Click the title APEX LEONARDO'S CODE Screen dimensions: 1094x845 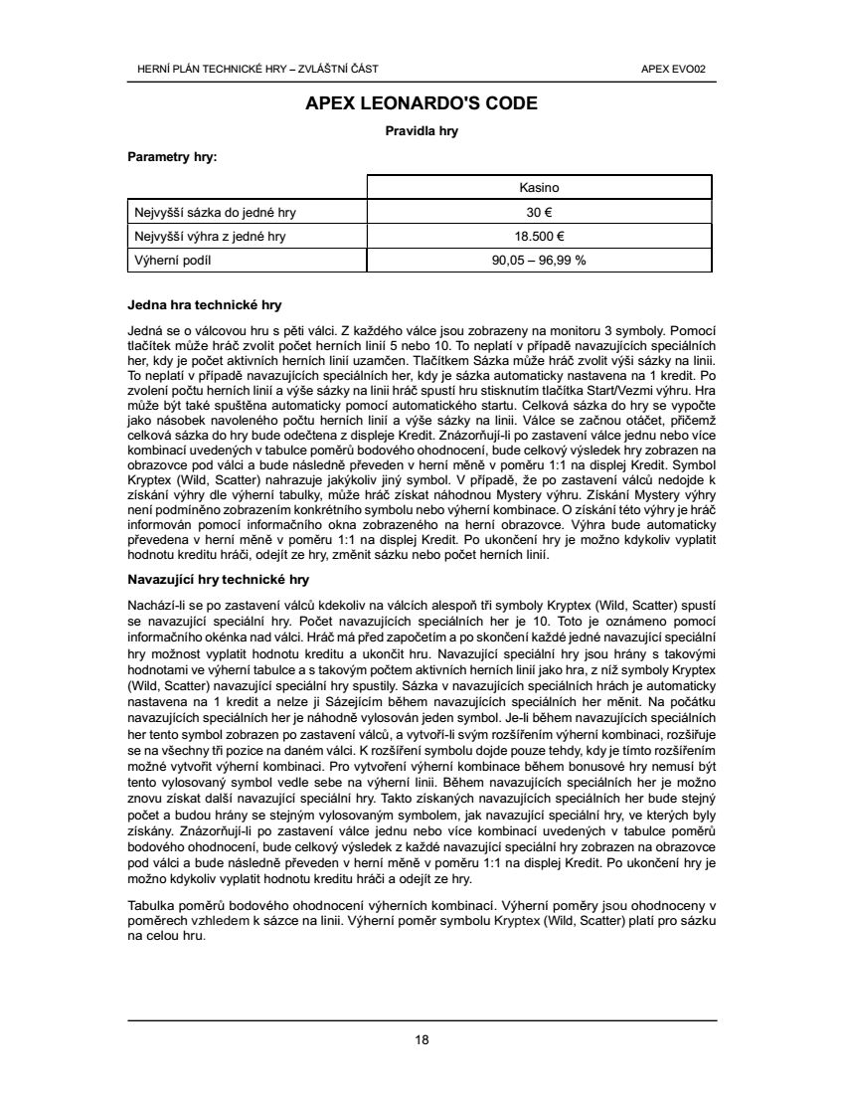[x=422, y=103]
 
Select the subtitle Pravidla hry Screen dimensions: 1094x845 [x=422, y=130]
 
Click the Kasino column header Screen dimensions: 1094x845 [x=540, y=187]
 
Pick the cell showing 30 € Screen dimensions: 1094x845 [x=540, y=212]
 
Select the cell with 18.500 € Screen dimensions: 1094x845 [x=540, y=236]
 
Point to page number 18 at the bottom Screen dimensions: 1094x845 [x=422, y=1040]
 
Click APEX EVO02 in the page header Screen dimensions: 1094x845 [x=681, y=69]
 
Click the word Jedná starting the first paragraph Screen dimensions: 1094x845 [x=145, y=329]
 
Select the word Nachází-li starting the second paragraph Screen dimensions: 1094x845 [x=155, y=605]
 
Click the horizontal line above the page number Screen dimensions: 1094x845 [x=422, y=1020]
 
